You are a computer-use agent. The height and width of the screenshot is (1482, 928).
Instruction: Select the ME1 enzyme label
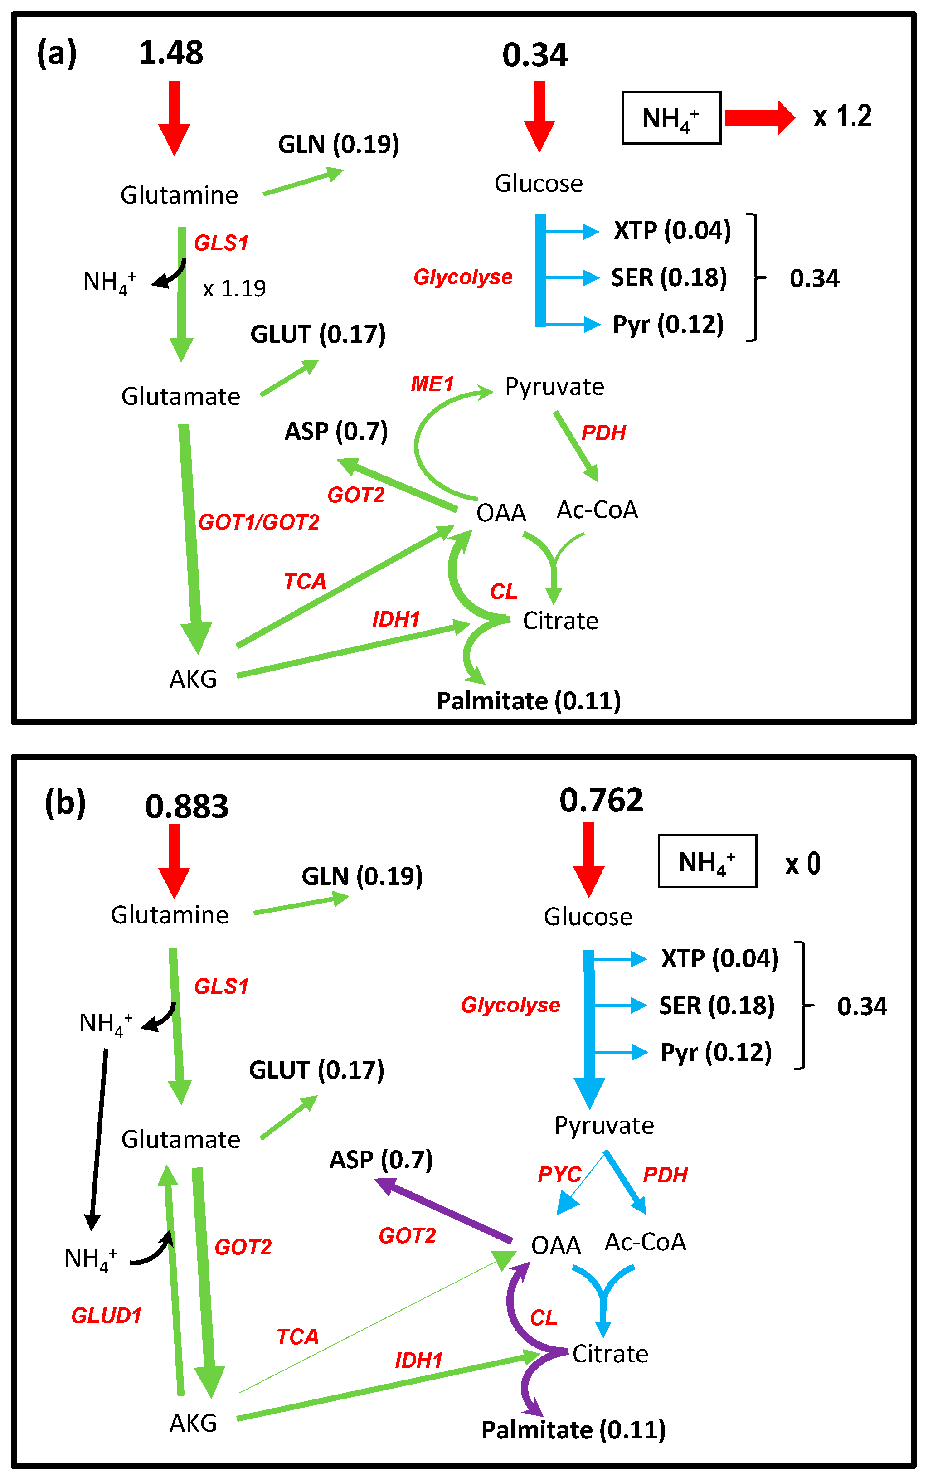(x=432, y=384)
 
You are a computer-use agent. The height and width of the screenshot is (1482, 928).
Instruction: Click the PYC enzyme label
(x=559, y=1174)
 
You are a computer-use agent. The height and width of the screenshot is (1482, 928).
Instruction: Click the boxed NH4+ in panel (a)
(x=671, y=118)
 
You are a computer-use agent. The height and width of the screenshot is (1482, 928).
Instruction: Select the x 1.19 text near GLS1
(x=234, y=288)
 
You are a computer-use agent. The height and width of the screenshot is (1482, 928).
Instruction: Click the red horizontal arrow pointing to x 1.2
(x=759, y=117)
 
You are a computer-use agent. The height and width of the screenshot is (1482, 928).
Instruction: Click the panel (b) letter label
(x=65, y=803)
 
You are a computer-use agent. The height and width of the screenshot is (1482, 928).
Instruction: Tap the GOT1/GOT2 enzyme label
(x=258, y=522)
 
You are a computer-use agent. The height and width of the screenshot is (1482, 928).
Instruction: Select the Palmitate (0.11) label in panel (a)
(x=529, y=701)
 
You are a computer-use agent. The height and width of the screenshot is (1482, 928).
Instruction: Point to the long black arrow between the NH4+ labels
(x=99, y=1138)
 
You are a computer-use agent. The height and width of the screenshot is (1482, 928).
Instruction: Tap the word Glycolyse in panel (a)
(x=463, y=277)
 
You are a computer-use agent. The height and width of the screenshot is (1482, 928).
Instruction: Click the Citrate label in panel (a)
(x=560, y=621)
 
